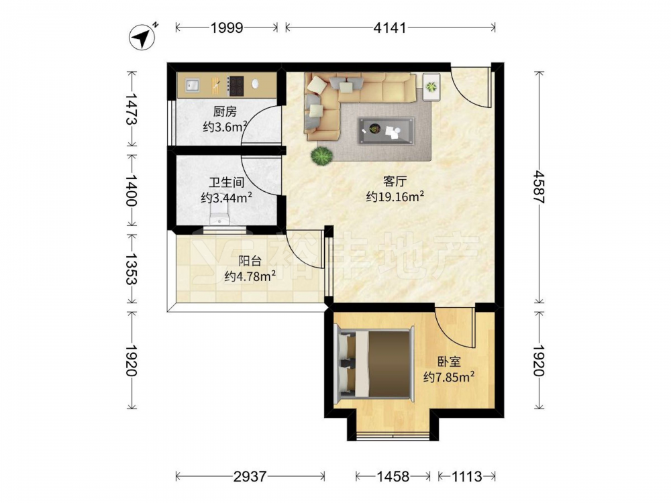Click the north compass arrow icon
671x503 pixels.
(143, 37)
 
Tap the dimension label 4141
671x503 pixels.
(389, 27)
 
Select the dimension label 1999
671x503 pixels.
(227, 27)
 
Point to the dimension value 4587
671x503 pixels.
(539, 187)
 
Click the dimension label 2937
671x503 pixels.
(250, 476)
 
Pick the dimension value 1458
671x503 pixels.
(393, 476)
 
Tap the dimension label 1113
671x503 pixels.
(466, 476)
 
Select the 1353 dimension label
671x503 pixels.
(132, 269)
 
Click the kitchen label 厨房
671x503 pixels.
(225, 112)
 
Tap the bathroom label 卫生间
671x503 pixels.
(226, 182)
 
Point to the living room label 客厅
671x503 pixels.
(395, 182)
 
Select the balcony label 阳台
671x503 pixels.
(250, 261)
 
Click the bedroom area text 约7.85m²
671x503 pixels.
(449, 377)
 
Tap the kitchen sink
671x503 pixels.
(192, 85)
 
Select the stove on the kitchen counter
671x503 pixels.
(236, 86)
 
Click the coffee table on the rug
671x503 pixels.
(386, 131)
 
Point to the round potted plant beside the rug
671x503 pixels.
(322, 156)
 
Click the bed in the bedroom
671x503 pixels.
(374, 364)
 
